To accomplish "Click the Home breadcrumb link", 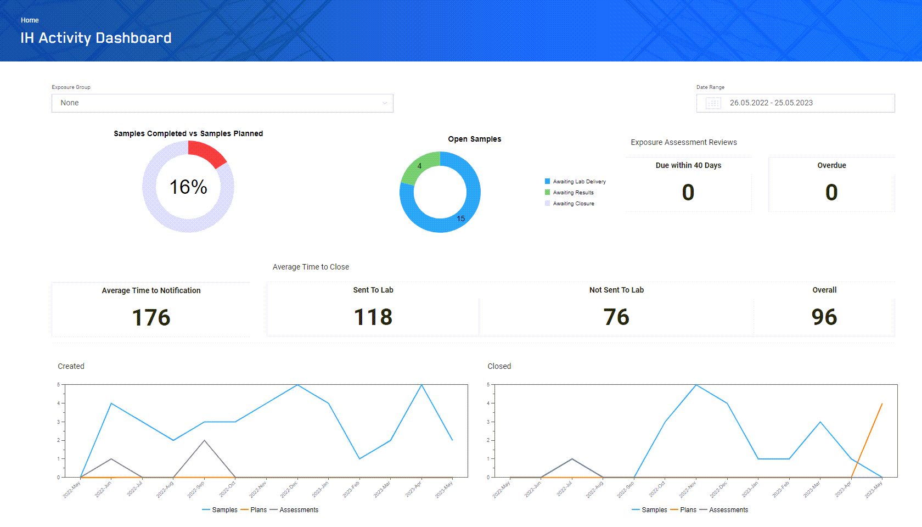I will tap(30, 20).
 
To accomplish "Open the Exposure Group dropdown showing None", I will tap(222, 103).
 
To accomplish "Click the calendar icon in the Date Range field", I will tap(713, 103).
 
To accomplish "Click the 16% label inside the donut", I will tap(188, 187).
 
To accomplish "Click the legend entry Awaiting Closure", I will tap(573, 204).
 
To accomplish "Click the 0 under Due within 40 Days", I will tap(688, 193).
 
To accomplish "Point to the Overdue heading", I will tap(831, 165).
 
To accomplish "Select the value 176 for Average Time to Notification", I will tap(151, 318).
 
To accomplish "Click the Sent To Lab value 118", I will tap(373, 317).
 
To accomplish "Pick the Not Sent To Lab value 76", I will tap(616, 317).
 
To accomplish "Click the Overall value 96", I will tap(824, 317).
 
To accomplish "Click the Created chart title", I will tap(71, 366).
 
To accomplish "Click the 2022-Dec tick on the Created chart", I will tap(289, 489).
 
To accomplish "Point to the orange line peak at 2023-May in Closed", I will tap(882, 404).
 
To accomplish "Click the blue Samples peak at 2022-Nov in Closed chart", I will tap(696, 385).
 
